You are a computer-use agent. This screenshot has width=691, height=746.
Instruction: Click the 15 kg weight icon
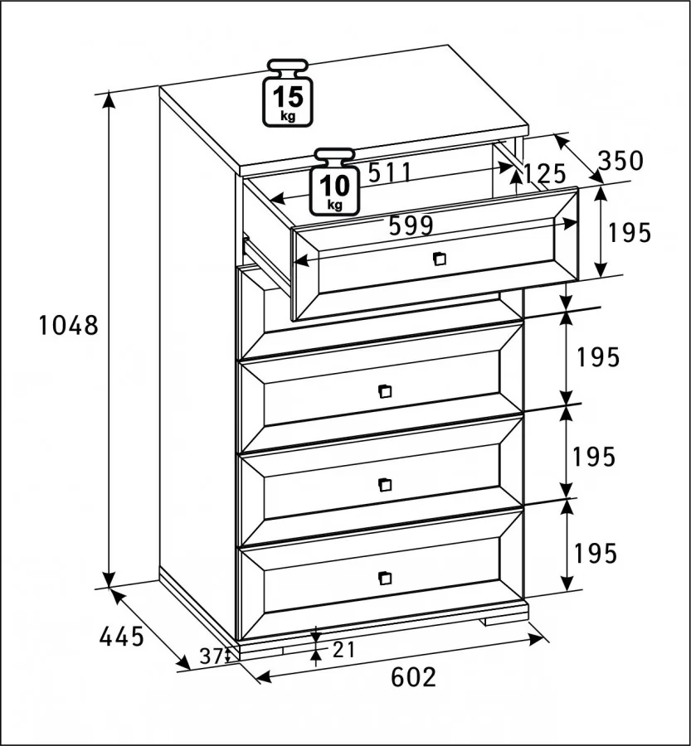[x=288, y=93]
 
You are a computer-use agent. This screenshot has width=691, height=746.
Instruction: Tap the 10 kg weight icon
[x=334, y=182]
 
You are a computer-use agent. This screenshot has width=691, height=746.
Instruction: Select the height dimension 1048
[x=68, y=326]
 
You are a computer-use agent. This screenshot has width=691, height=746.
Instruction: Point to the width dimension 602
[x=413, y=677]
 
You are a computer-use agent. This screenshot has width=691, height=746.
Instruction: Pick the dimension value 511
[x=390, y=172]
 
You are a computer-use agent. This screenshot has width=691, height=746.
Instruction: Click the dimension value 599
[x=411, y=225]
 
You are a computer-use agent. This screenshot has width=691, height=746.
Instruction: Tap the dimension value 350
[x=620, y=161]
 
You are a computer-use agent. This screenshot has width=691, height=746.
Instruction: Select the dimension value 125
[x=544, y=174]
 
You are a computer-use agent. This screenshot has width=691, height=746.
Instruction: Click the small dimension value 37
[x=210, y=656]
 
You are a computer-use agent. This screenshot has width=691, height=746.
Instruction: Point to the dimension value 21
[x=343, y=649]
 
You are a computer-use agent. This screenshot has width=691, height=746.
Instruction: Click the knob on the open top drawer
[x=440, y=259]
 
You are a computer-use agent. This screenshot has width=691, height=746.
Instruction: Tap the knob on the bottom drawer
[x=385, y=578]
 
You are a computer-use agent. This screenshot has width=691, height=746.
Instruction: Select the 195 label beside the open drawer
[x=629, y=233]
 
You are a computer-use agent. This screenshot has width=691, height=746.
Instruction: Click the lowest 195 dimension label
[x=596, y=554]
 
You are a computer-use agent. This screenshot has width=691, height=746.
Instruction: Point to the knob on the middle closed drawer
[x=385, y=485]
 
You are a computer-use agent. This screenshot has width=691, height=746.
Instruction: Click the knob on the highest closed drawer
[x=385, y=391]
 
